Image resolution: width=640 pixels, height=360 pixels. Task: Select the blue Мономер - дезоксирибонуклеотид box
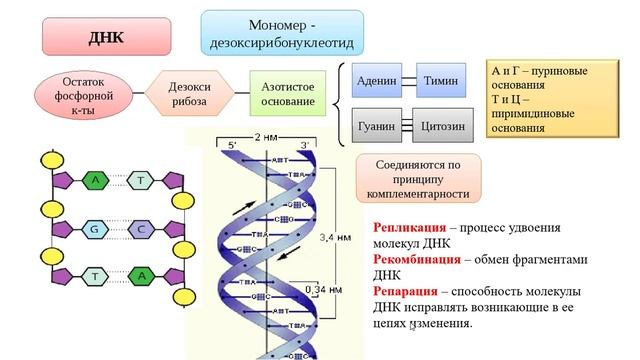[x=282, y=34]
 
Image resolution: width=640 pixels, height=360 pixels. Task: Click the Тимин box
[x=440, y=80]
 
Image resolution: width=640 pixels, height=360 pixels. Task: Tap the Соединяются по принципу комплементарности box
[x=419, y=177]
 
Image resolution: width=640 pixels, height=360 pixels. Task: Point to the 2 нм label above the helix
[x=268, y=137]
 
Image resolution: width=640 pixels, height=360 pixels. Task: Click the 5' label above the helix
[x=231, y=146]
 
